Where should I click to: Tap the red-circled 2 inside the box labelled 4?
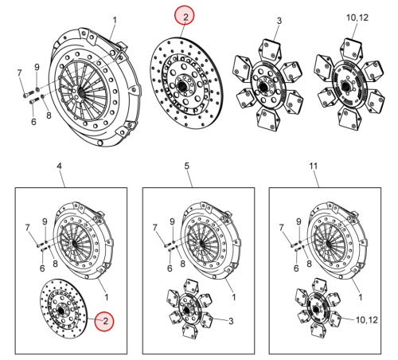click(x=105, y=321)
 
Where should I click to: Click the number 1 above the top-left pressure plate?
click(x=115, y=20)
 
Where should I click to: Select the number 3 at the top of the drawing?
click(x=279, y=21)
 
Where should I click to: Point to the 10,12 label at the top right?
click(x=357, y=18)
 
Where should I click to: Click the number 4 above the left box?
click(x=59, y=166)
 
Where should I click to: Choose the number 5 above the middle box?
click(x=187, y=166)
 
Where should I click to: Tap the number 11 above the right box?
click(x=314, y=166)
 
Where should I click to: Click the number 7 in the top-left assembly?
click(x=19, y=72)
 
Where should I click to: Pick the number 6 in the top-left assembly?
click(x=33, y=122)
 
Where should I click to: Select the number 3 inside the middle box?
click(x=231, y=321)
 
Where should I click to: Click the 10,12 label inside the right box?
click(x=367, y=320)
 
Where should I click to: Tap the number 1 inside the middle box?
click(x=234, y=297)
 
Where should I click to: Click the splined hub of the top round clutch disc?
click(x=183, y=85)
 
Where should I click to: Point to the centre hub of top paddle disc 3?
click(x=263, y=87)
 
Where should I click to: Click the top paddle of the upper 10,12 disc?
click(x=351, y=49)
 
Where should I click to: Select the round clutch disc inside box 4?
click(x=64, y=308)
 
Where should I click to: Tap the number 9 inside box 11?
click(x=298, y=221)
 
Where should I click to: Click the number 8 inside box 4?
click(x=55, y=264)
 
